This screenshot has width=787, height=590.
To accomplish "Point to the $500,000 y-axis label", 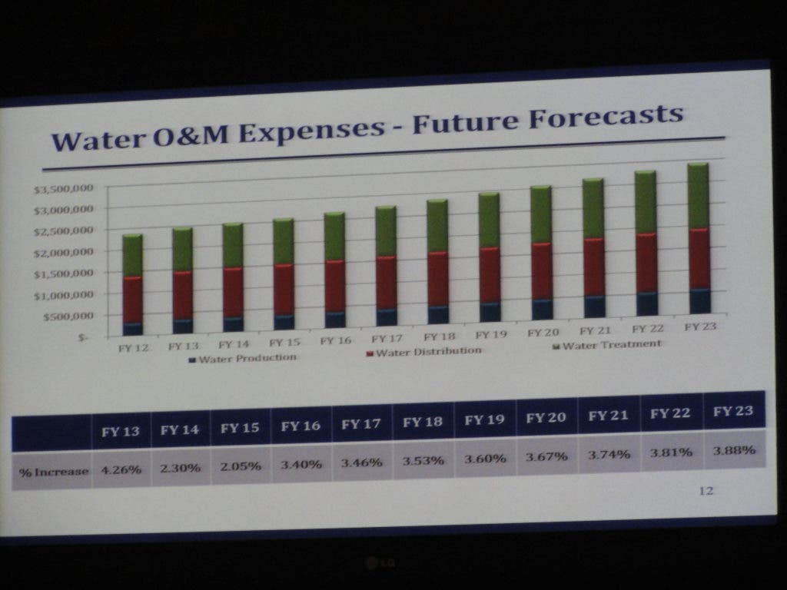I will point(64,316).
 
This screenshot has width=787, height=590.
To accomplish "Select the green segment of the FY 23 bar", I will point(697,195).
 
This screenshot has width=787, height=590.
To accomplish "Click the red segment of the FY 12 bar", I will point(133,300).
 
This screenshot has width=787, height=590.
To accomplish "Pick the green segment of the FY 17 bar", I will point(386,230).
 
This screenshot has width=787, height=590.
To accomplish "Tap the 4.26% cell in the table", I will point(121,470).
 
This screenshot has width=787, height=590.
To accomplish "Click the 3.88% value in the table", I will point(733,450).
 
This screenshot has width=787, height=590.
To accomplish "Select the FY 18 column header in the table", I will point(423,422).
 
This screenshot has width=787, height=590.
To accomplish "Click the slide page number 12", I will point(706,491).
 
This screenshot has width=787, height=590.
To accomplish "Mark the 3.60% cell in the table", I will point(485,459).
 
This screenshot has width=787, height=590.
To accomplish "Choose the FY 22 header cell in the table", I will point(670,414).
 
